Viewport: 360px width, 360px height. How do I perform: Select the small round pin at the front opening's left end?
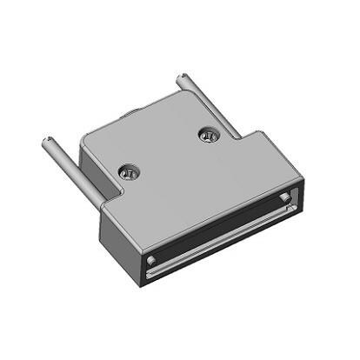(152, 260)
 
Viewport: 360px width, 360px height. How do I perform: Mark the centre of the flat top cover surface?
(178, 170)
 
